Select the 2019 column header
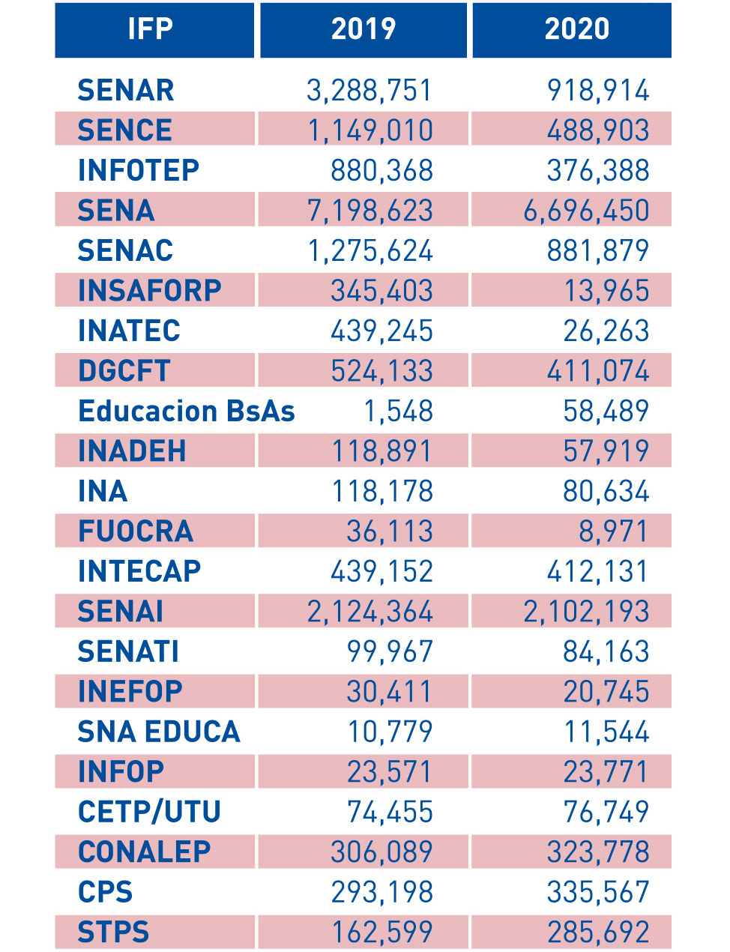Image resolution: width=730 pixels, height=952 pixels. pos(364,29)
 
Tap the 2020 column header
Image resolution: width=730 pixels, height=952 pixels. pos(576,29)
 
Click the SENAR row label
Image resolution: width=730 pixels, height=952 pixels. pos(126,91)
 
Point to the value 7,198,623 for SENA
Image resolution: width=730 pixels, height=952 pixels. pos(370,211)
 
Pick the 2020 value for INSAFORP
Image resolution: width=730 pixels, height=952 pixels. pos(606,291)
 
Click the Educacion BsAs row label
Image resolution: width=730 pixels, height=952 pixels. pos(186,412)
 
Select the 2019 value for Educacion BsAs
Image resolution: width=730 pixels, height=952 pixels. pos(398,412)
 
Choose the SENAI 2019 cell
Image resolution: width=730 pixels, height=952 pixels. pos(370,612)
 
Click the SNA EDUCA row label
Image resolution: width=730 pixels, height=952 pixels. pos(159,732)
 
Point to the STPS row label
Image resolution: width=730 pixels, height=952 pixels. pos(114,933)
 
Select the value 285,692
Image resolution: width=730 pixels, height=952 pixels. pos(598,933)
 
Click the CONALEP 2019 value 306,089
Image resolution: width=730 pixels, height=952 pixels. pos(382,852)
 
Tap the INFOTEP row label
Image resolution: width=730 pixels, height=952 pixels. pos(139,171)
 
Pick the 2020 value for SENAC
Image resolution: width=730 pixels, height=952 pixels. pos(598,251)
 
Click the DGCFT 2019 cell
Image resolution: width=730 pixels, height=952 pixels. pos(382,371)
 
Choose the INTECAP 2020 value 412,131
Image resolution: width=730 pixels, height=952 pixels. pos(598,572)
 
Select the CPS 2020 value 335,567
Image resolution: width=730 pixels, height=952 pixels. pos(598,892)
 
